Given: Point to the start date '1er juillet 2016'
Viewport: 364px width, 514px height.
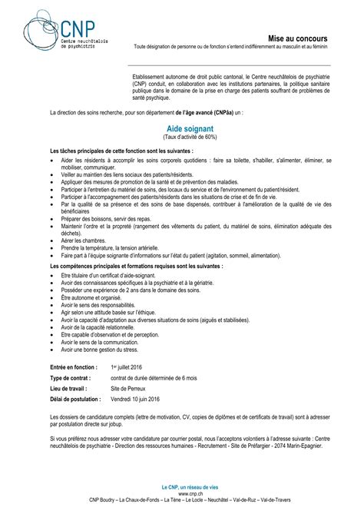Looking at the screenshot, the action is (133, 366).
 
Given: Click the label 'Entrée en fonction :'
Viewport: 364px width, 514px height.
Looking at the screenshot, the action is (73, 366).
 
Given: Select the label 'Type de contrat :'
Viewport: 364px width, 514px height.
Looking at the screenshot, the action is (70, 378).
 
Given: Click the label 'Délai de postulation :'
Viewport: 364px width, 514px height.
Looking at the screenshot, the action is (75, 400).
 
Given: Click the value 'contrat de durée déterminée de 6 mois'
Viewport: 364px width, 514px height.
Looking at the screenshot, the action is (154, 378).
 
